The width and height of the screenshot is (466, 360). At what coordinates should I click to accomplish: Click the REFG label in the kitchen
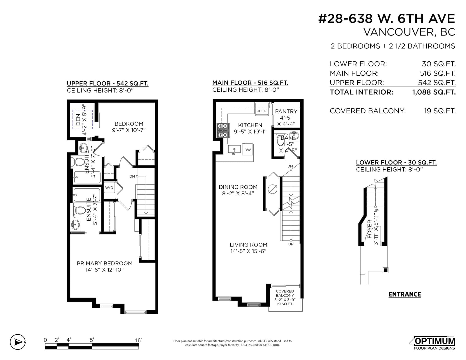[261, 111]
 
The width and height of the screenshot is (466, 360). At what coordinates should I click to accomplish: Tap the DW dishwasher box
[248, 150]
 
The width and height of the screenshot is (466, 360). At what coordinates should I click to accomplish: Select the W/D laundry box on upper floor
[109, 187]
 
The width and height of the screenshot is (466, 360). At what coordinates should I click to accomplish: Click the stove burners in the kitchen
[223, 130]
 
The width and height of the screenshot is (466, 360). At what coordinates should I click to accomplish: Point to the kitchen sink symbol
[234, 150]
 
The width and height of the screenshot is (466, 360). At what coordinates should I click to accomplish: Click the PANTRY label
[286, 111]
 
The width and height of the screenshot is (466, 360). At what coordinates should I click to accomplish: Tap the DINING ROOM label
[238, 187]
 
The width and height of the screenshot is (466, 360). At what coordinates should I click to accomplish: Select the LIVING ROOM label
[248, 245]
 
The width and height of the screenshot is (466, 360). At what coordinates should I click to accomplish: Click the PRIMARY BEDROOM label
[105, 263]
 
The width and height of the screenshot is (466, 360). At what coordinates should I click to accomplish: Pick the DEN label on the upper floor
[78, 120]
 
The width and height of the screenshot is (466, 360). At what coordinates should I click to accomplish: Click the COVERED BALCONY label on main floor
[285, 293]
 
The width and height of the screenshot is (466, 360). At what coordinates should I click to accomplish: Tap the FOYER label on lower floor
[369, 229]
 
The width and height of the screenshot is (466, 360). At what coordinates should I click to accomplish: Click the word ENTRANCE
[405, 294]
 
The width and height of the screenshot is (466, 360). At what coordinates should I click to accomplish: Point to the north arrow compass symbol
[18, 342]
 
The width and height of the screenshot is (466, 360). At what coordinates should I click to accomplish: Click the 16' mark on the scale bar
[138, 340]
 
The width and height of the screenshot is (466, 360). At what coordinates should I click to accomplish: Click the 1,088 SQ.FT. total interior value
[434, 92]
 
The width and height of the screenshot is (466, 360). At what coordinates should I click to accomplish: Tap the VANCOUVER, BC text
[409, 32]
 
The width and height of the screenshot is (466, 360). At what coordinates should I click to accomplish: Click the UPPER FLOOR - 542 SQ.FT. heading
[107, 83]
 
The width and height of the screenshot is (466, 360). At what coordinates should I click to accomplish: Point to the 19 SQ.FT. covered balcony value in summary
[440, 111]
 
